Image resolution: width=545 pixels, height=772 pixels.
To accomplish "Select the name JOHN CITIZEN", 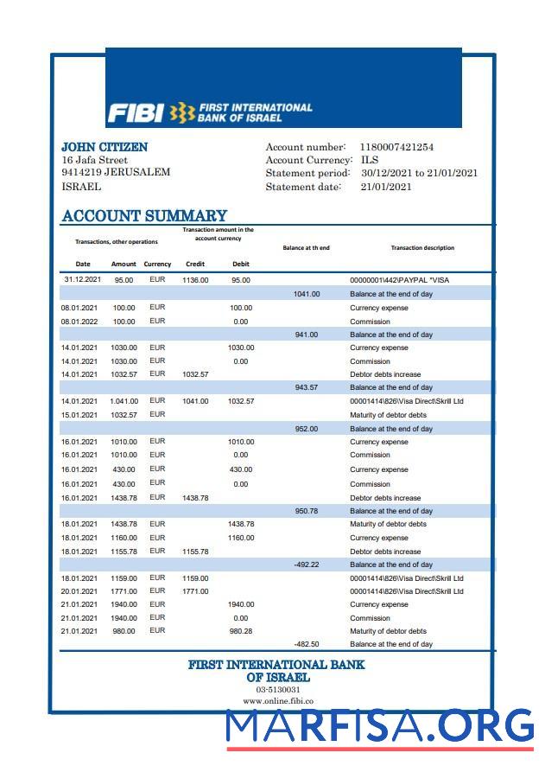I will [x=105, y=147].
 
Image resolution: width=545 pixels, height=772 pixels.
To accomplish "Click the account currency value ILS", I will [x=370, y=160].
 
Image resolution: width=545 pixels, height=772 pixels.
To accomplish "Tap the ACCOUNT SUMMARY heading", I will [x=144, y=215].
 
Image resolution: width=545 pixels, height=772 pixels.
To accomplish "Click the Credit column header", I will [x=195, y=264].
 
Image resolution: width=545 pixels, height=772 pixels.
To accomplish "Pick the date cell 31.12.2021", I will [x=83, y=279].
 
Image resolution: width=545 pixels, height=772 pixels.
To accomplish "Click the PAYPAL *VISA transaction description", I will [x=399, y=280].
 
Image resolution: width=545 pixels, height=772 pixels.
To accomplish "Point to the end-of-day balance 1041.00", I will [x=307, y=294].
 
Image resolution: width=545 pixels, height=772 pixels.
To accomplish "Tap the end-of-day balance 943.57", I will [x=307, y=387].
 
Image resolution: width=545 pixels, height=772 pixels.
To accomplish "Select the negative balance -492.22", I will [x=307, y=565].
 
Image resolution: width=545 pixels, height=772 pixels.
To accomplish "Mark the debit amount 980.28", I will [x=241, y=631].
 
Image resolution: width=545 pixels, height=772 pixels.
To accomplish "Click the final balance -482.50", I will [x=307, y=644].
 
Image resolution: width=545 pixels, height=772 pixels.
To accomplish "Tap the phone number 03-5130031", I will [x=276, y=690].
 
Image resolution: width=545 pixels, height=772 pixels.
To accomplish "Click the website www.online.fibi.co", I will [x=277, y=701].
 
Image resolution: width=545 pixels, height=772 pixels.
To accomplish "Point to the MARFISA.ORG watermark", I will [x=381, y=727].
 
